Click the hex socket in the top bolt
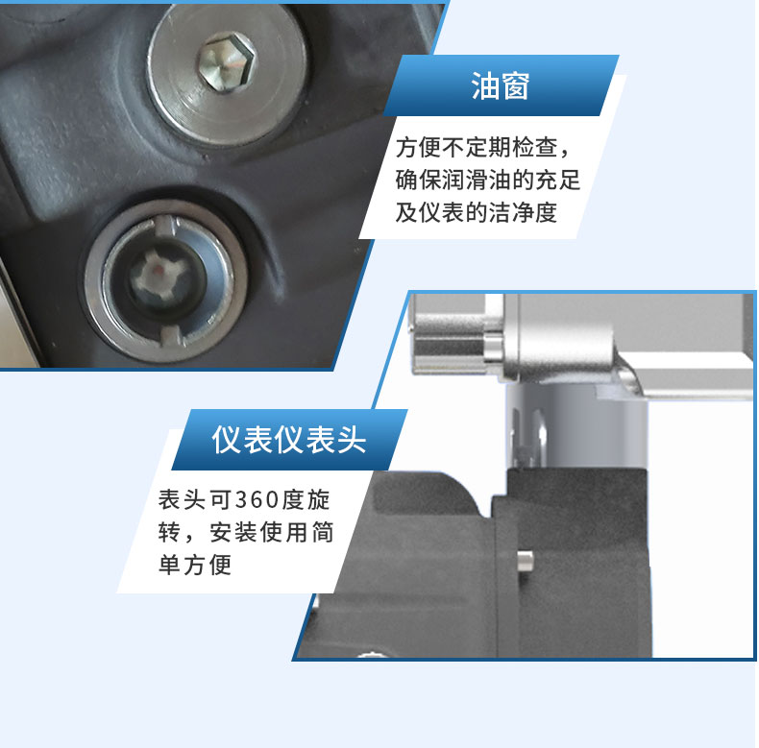[227, 61]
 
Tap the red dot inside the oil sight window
[157, 268]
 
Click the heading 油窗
[501, 86]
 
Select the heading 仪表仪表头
[289, 440]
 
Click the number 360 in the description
[257, 500]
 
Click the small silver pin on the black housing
[526, 562]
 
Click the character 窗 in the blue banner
[516, 86]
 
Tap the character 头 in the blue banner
[351, 440]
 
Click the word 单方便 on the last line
[195, 565]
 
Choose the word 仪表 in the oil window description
[441, 212]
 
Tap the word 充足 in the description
[558, 180]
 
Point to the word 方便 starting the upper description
[419, 147]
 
